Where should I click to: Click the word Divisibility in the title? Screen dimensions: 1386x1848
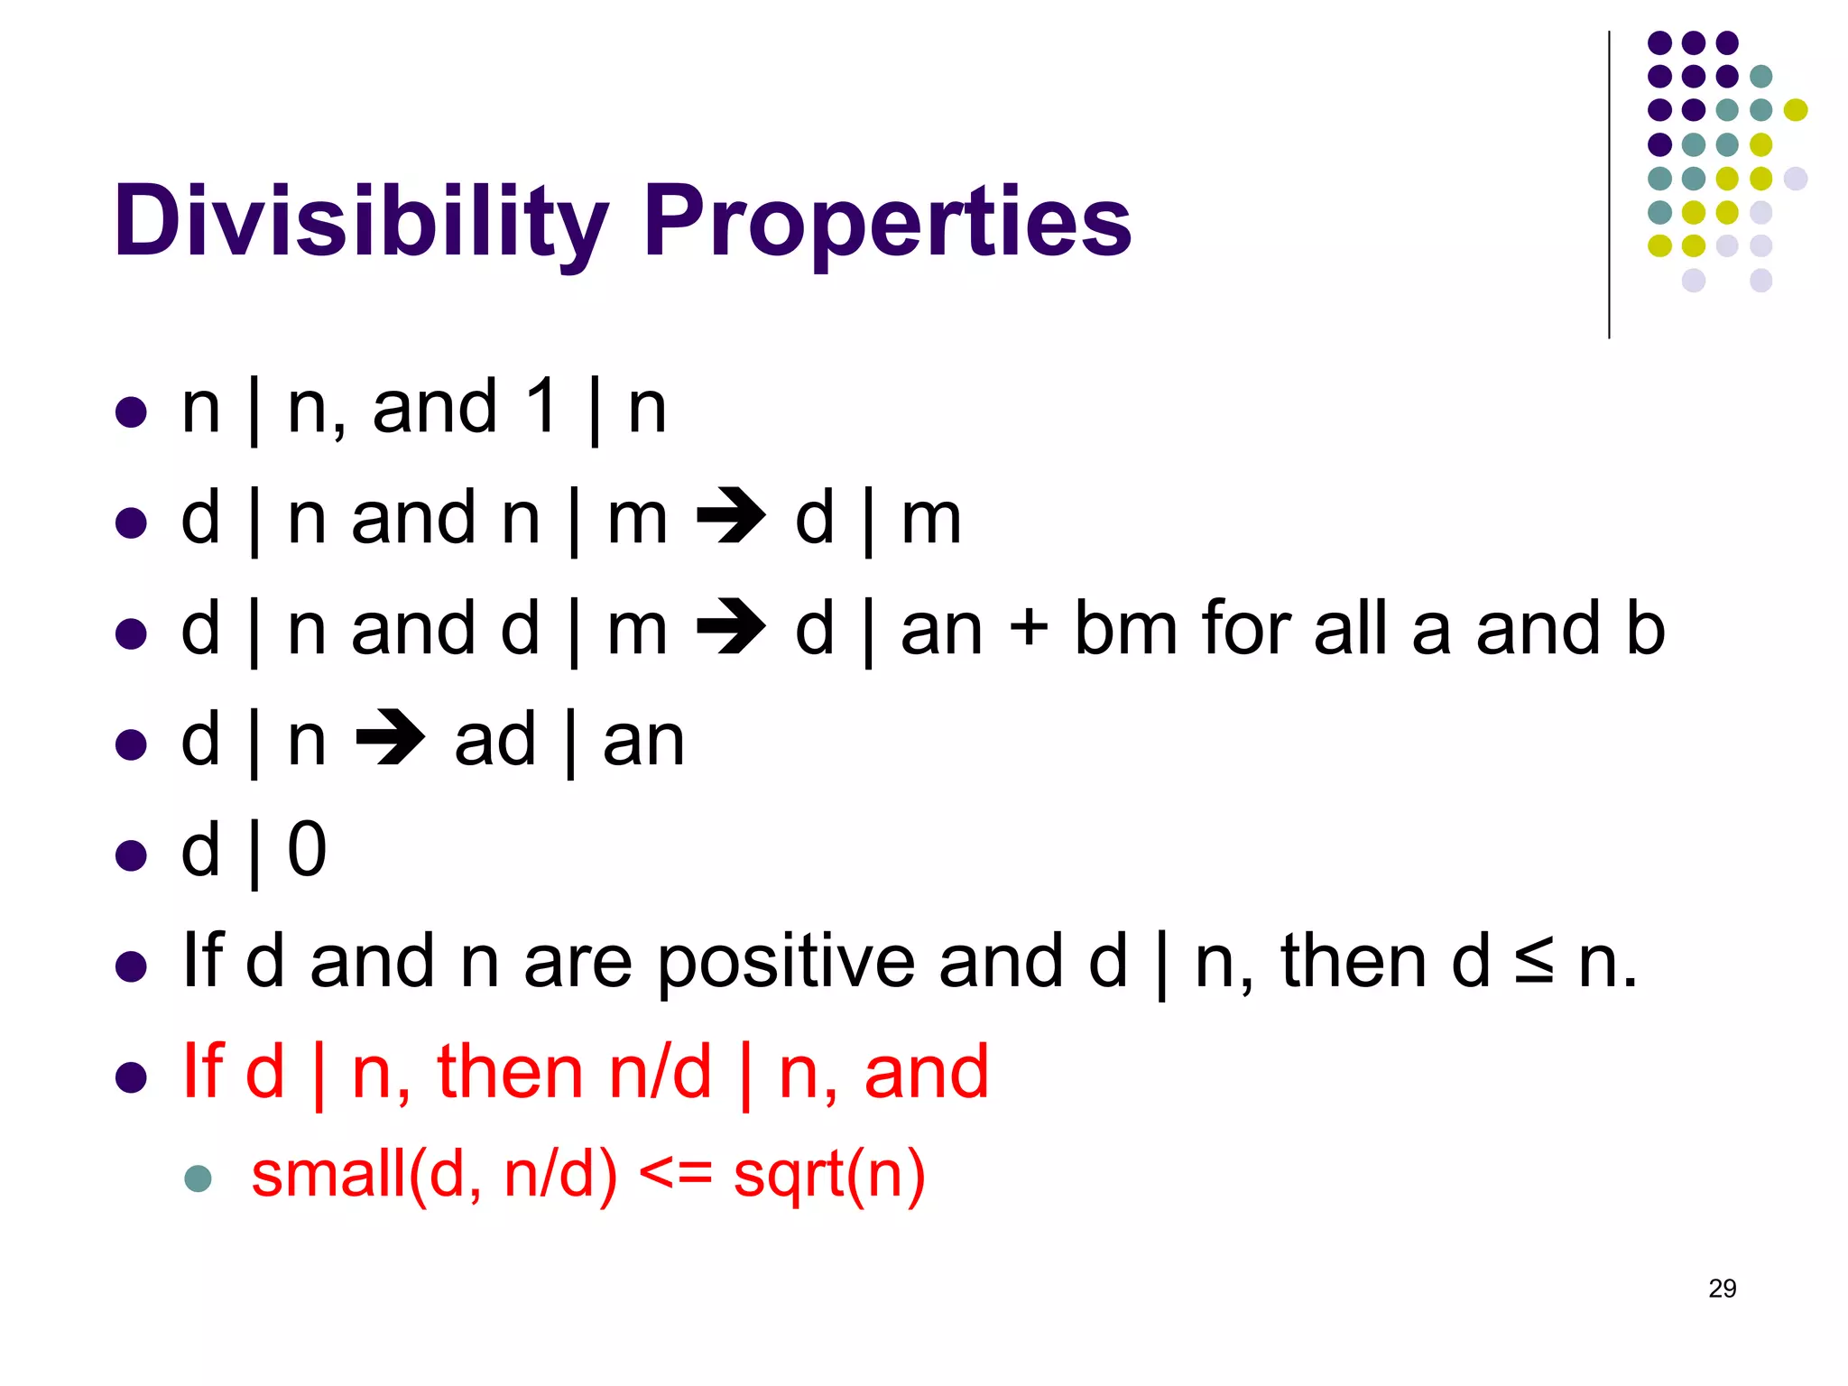pos(361,221)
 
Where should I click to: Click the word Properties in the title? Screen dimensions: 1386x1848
pos(886,221)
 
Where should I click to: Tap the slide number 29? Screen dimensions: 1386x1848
pos(1722,1289)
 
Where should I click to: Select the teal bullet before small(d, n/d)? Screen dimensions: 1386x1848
pos(198,1178)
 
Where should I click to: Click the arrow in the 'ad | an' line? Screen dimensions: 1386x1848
pos(390,738)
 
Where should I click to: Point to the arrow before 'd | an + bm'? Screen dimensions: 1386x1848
pos(731,627)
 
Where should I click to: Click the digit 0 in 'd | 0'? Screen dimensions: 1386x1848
pos(307,850)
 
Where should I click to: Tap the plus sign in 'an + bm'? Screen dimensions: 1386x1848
pos(1028,629)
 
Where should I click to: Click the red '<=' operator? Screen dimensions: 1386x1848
pos(675,1175)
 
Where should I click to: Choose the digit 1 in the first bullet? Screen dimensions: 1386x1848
pos(542,406)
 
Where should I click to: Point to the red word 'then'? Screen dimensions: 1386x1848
pos(510,1072)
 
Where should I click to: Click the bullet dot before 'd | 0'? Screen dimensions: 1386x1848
pos(132,855)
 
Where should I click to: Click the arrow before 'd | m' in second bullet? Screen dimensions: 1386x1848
pos(731,517)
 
